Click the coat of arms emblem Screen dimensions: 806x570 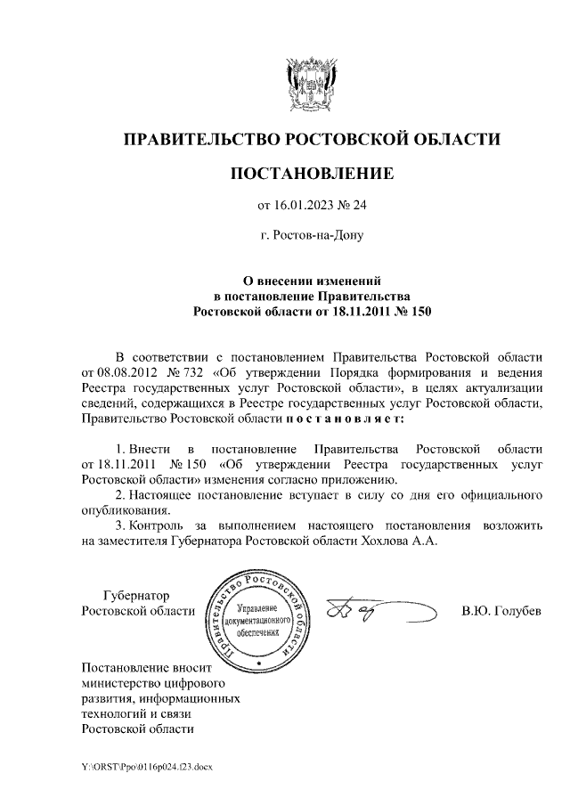click(x=311, y=82)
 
